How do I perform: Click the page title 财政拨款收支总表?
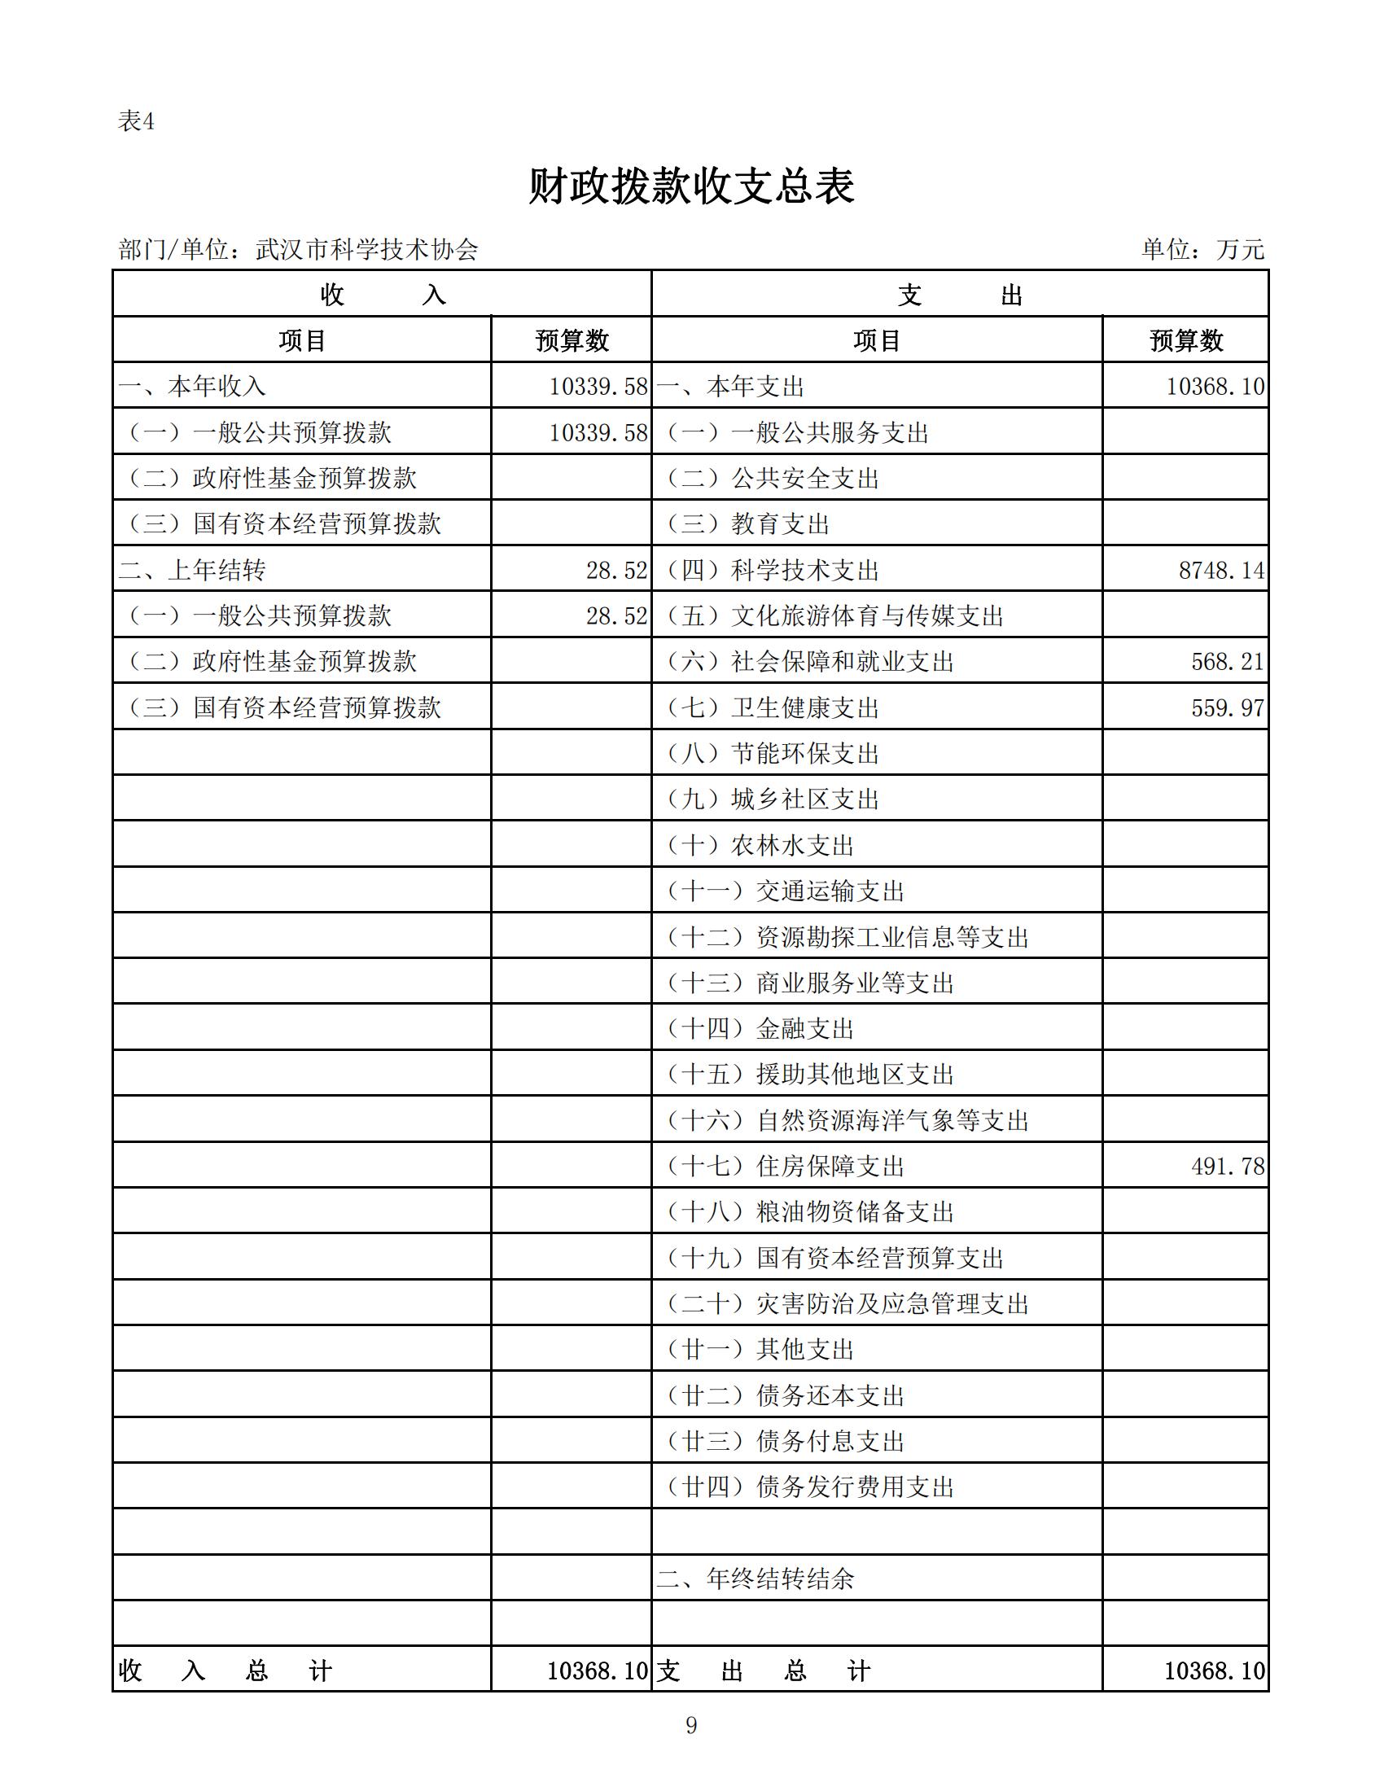pyautogui.click(x=691, y=187)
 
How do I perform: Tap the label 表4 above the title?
pyautogui.click(x=136, y=121)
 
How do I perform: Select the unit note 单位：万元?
pyautogui.click(x=1202, y=249)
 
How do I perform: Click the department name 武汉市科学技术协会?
pyautogui.click(x=366, y=249)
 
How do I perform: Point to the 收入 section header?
pyautogui.click(x=382, y=295)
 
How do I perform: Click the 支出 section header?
pyautogui.click(x=959, y=295)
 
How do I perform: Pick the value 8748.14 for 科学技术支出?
pyautogui.click(x=1221, y=570)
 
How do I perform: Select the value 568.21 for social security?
pyautogui.click(x=1228, y=662)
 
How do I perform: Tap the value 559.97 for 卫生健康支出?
pyautogui.click(x=1228, y=707)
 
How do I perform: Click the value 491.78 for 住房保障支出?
pyautogui.click(x=1228, y=1166)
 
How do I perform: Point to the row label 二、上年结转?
pyautogui.click(x=192, y=570)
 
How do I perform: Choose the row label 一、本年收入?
pyautogui.click(x=192, y=386)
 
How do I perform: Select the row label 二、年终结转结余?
pyautogui.click(x=756, y=1579)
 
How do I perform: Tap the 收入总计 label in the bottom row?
pyautogui.click(x=225, y=1671)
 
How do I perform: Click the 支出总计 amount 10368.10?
pyautogui.click(x=1215, y=1671)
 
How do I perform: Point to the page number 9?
pyautogui.click(x=691, y=1725)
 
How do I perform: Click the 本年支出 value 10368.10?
pyautogui.click(x=1215, y=386)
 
